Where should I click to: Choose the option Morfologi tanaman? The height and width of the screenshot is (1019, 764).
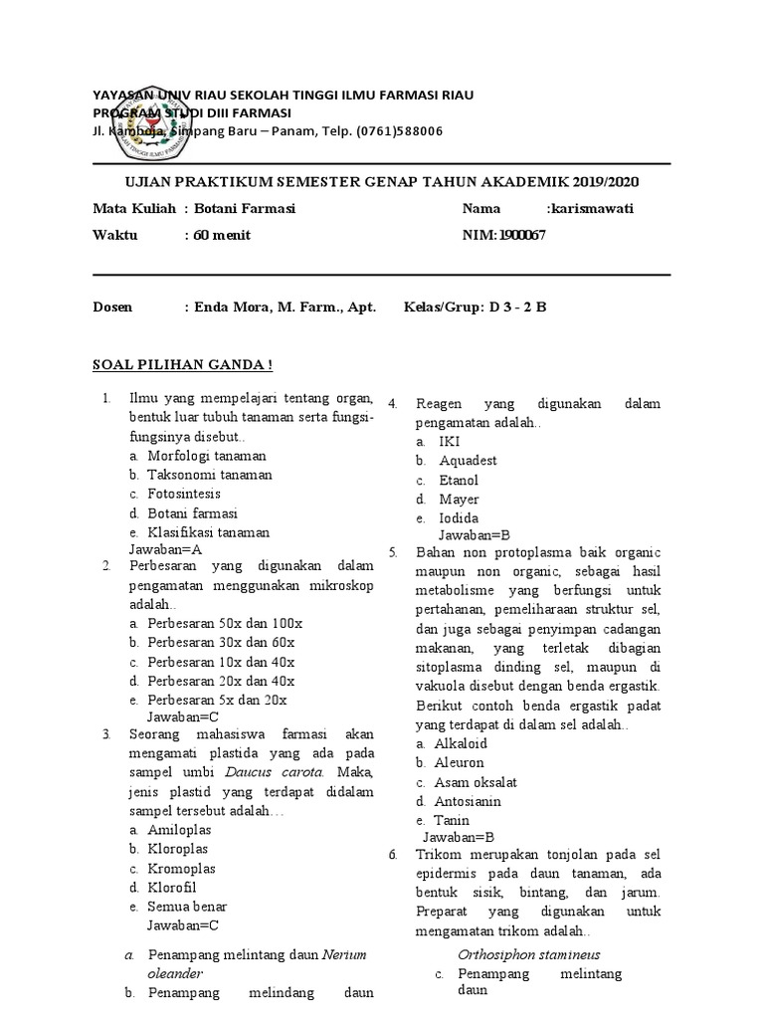pos(207,456)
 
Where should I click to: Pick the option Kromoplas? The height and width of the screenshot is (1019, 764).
pos(181,869)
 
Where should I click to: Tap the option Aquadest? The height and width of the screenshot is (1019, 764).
pos(468,461)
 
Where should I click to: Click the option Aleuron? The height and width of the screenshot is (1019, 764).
pos(459,763)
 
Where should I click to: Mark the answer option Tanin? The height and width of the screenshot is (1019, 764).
pos(453,820)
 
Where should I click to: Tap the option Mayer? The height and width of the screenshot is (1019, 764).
pos(459,500)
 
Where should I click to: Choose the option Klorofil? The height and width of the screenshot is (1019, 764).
pos(178,888)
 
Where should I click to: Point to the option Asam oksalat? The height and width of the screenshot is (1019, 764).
pos(476,782)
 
